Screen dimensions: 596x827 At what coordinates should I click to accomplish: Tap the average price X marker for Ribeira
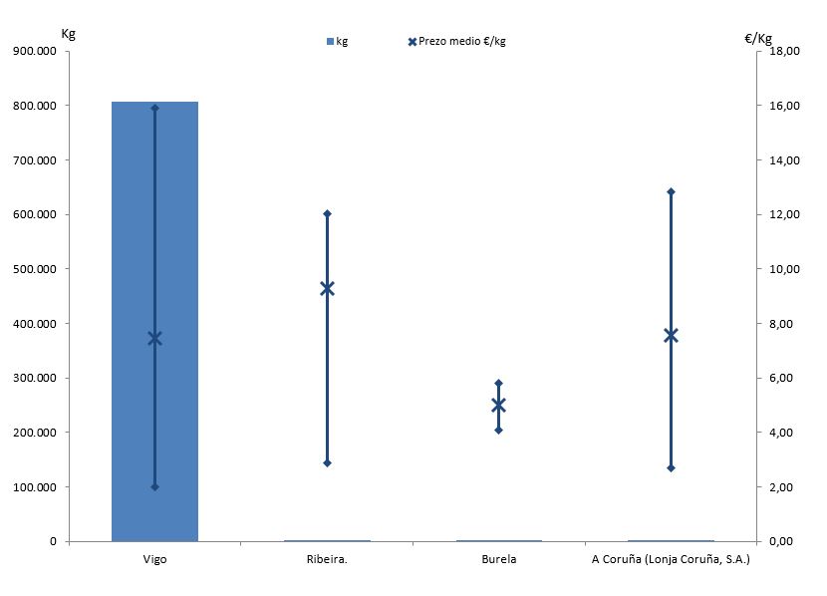[327, 288]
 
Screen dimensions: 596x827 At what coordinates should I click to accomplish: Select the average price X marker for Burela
[498, 405]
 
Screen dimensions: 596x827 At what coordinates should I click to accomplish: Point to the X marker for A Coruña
[671, 335]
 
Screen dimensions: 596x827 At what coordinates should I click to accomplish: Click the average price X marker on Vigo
[154, 338]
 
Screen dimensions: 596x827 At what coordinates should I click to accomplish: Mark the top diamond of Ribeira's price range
[327, 213]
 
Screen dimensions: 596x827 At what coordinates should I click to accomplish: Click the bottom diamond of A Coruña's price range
[671, 467]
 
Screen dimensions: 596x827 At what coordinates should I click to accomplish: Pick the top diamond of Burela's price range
[498, 383]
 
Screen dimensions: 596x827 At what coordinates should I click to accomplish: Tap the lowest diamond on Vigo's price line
[154, 486]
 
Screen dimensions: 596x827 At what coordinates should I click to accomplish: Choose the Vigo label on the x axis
[154, 559]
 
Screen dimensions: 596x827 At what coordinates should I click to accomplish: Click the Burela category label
[498, 559]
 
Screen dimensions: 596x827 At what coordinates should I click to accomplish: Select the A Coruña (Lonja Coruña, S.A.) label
[671, 559]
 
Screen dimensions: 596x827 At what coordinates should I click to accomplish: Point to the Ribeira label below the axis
[327, 559]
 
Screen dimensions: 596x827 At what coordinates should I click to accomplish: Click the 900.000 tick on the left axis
[36, 51]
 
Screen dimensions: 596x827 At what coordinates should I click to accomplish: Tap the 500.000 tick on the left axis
[36, 269]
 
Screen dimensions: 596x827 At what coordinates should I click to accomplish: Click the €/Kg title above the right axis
[758, 38]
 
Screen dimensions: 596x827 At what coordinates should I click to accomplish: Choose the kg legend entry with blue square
[337, 41]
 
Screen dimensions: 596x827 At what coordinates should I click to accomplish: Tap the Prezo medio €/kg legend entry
[457, 41]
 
